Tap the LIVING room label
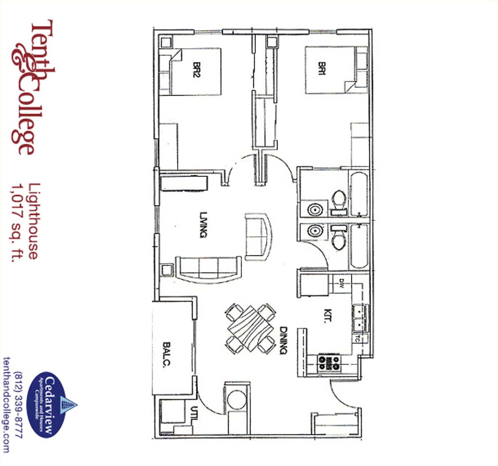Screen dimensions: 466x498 [x=204, y=225]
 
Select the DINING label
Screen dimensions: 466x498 [x=283, y=340]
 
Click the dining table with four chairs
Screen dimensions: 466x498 [x=251, y=329]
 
